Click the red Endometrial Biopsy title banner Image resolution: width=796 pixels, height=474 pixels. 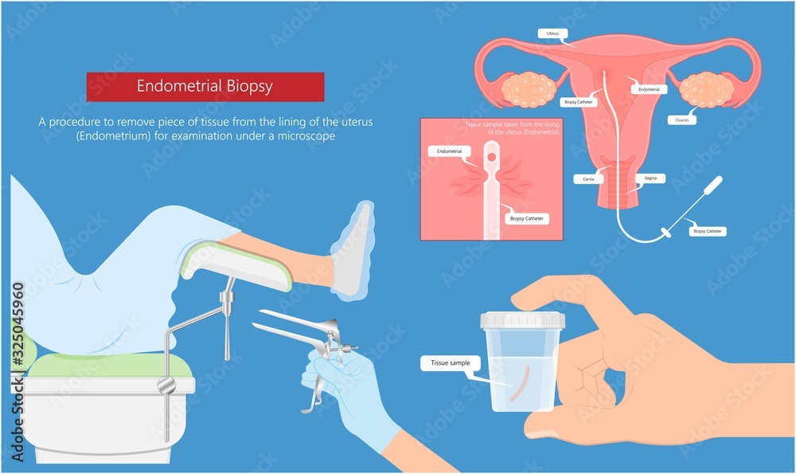coord(205,86)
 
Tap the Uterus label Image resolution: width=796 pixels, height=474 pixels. coord(552,34)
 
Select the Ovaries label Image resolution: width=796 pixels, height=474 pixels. coord(682,120)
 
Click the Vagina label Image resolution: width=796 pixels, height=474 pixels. coord(650,179)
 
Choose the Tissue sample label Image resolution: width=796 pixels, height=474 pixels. coord(451,363)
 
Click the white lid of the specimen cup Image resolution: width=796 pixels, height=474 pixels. coord(522,320)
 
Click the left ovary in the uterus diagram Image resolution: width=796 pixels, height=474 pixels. coord(529,89)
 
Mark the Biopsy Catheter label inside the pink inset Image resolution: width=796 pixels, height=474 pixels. coord(527,217)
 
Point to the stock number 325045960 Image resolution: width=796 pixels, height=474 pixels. coord(18,326)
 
